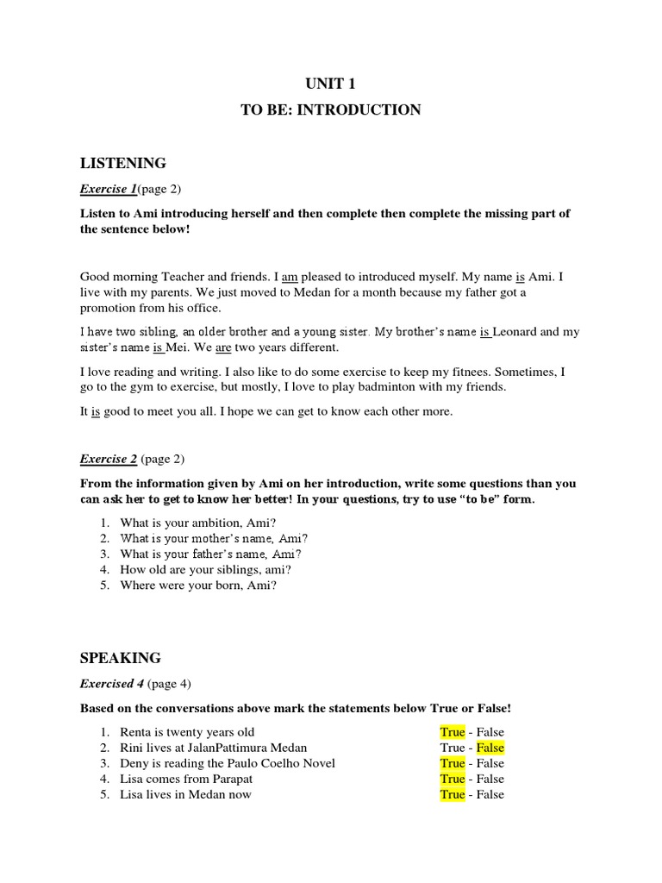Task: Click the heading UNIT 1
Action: [x=330, y=84]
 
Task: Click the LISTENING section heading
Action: [x=122, y=163]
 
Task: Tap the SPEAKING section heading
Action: [x=120, y=658]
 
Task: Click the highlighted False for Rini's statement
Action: [x=490, y=748]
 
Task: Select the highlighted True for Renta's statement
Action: [x=452, y=732]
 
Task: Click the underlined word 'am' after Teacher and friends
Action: [x=290, y=277]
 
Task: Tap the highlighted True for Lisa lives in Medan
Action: [x=452, y=794]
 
